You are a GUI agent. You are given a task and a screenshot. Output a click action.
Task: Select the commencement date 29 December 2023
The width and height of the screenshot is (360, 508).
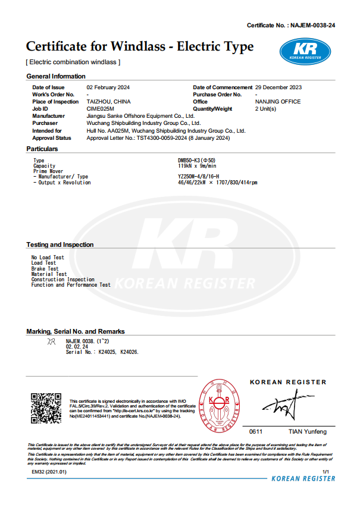click(x=278, y=87)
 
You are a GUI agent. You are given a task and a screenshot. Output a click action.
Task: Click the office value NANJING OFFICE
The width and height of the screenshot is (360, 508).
click(x=278, y=102)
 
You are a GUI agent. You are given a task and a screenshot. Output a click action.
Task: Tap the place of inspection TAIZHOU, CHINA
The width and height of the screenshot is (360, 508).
click(x=108, y=102)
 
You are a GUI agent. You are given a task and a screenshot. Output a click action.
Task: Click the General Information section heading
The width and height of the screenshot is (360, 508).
click(x=56, y=76)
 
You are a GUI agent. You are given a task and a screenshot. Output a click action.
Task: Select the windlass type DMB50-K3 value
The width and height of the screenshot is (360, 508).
click(x=197, y=161)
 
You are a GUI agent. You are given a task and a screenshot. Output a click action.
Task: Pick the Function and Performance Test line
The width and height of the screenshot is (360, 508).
click(x=71, y=285)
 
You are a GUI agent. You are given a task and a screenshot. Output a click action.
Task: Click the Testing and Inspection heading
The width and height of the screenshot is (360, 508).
click(x=60, y=244)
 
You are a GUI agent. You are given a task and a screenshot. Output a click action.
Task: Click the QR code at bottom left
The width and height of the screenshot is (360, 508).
click(x=46, y=407)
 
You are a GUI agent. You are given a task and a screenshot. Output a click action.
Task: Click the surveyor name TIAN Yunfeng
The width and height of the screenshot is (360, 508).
click(x=307, y=431)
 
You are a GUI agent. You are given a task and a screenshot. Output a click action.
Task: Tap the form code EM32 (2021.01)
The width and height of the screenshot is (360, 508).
click(x=49, y=471)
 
